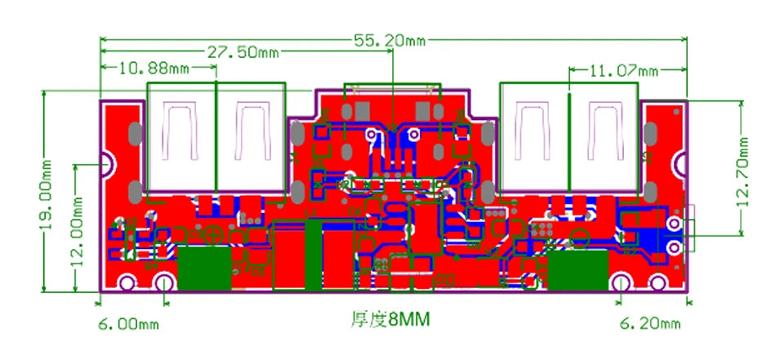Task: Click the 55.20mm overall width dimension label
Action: point(390,39)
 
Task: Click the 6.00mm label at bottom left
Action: point(128,324)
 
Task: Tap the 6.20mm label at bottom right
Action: point(650,324)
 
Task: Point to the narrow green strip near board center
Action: point(314,255)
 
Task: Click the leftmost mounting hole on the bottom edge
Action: point(127,283)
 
